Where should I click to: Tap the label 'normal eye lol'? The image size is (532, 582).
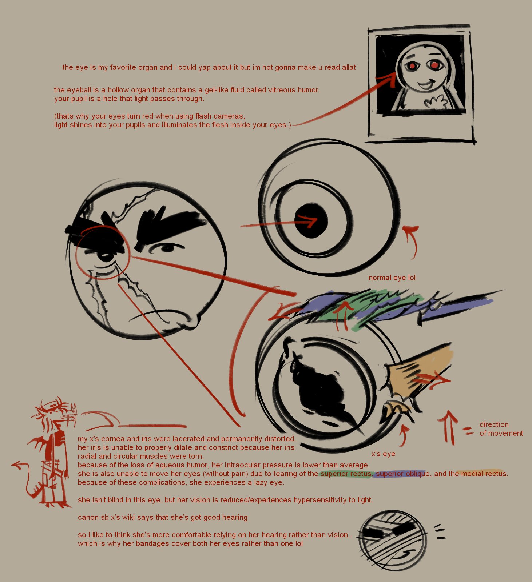pos(392,278)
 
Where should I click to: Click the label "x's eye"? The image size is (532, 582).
pos(383,454)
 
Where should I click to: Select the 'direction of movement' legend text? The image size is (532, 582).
pos(501,429)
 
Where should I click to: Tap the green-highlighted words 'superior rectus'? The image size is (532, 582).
pos(346,474)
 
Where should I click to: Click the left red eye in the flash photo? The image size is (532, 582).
pos(412,66)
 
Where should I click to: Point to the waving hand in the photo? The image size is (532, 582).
pos(435,102)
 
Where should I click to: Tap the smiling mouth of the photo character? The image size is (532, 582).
pos(426,85)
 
